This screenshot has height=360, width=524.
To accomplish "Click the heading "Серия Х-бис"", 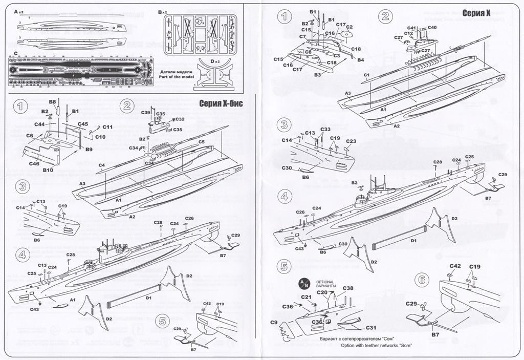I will pos(220,104).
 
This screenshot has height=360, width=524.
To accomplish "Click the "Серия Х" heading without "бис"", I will pos(476,13).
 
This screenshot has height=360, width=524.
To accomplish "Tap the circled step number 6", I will pos(421,280).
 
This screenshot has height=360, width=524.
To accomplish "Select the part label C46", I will pos(35,163).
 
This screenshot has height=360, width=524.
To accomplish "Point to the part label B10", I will pos(49,169).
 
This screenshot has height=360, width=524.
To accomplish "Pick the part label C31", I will pos(371,328).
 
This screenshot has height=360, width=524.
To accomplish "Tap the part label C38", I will pos(348,288).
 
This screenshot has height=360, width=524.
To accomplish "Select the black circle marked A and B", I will pos(304,284).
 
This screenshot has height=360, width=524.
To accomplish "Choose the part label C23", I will pos(351,141).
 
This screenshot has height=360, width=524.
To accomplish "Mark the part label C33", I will pos(325,129).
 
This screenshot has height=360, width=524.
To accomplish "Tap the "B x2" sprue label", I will pos(163,11).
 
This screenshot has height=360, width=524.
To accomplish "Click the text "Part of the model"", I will pos(173,77).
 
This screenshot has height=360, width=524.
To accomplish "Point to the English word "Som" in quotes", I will pos(405,346).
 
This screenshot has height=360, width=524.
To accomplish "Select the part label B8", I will pos(52,103).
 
